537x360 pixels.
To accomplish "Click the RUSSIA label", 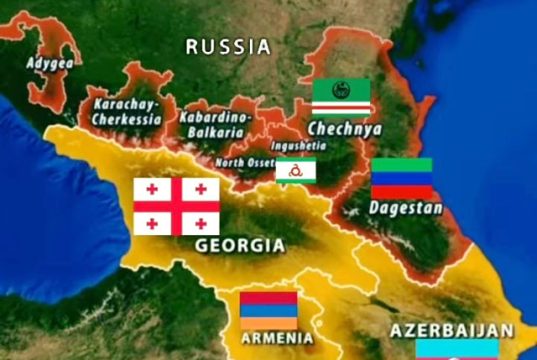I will [228, 46].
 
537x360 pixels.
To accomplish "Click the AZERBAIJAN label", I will [451, 330].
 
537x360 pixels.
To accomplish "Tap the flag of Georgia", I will [176, 206].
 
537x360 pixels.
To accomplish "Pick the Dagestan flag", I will [401, 178].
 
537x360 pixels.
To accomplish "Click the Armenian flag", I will [268, 310].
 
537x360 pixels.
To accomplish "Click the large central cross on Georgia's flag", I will [176, 206].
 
